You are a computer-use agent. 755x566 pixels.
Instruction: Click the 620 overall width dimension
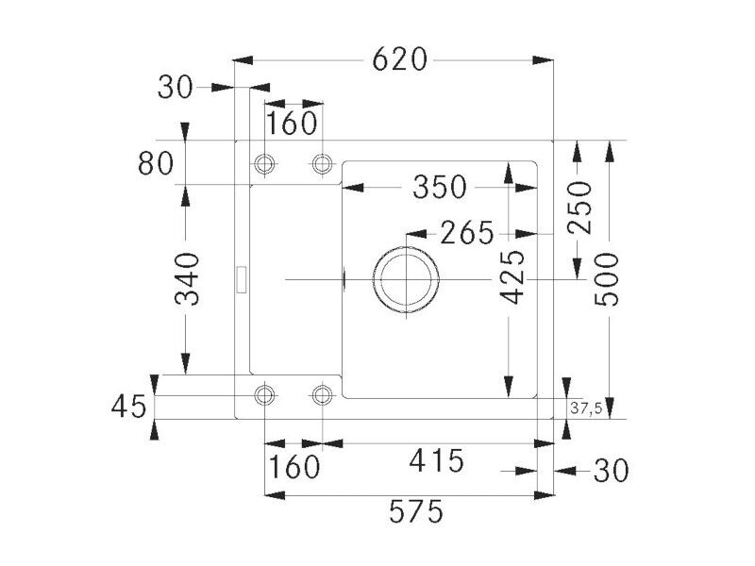coord(399,59)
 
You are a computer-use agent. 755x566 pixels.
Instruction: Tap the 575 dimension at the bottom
coord(416,511)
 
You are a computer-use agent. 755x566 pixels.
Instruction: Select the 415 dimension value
coord(437,460)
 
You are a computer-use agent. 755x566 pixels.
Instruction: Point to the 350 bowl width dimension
coord(440,187)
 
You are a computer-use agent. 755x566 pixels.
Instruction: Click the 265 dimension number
coord(467,232)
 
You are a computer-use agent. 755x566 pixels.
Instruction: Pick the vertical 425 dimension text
coord(512,277)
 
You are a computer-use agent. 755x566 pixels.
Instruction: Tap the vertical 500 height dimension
coord(607,279)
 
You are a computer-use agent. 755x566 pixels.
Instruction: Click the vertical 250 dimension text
coord(579,208)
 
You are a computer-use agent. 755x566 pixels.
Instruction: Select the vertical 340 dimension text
coord(187,279)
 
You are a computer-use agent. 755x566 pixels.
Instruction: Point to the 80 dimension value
coord(156,163)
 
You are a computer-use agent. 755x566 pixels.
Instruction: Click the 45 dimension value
coord(128,407)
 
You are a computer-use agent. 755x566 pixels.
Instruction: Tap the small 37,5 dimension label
coord(586,408)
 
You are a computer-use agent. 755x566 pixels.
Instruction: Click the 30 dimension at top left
coord(176,88)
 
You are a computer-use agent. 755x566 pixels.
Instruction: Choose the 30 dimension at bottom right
coord(612,470)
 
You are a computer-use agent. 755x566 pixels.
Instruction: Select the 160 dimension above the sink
coord(292,124)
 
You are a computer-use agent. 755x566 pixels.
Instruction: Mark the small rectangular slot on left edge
coord(242,279)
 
